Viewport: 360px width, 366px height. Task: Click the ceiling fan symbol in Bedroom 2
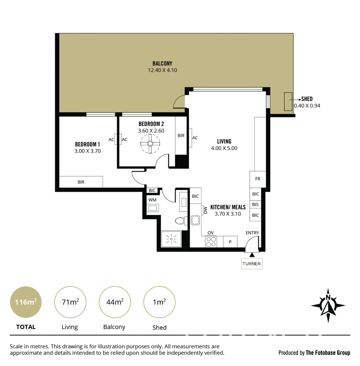coord(150,144)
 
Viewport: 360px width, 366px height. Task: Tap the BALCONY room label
coord(162,63)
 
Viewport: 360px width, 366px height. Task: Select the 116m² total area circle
coord(26,302)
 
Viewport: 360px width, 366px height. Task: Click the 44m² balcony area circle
coord(115,302)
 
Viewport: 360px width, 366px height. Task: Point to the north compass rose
coord(328,305)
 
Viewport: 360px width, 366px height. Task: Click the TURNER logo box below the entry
coord(252,264)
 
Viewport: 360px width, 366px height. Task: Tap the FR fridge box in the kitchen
coord(258,179)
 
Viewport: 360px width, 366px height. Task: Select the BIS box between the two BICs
coord(255,205)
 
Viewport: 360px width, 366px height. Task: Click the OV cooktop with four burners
coord(211,242)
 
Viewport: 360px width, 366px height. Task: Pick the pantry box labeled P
coord(230,242)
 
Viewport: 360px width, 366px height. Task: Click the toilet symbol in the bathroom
coord(180,221)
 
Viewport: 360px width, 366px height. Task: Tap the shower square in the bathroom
coord(171,239)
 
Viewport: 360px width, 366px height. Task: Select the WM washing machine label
coord(152,200)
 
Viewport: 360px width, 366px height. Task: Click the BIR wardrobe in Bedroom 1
coord(81,182)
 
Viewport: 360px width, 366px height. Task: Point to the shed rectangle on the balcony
coord(288,101)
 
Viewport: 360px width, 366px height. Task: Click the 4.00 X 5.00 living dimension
coord(224,148)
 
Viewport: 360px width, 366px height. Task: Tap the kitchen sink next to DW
coord(196,221)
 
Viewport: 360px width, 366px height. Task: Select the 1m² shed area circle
coord(159,302)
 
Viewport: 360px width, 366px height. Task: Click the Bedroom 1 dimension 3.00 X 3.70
coord(88,151)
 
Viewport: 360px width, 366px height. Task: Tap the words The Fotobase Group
coord(328,353)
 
